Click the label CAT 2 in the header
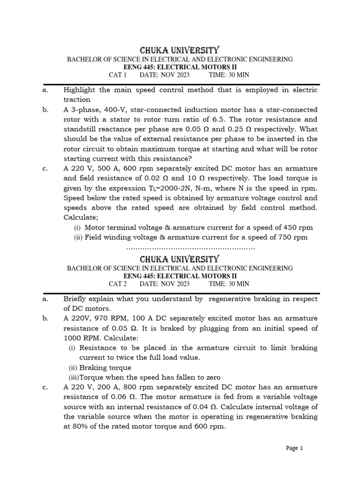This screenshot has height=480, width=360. point(118,284)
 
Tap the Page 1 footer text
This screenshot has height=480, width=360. point(295,448)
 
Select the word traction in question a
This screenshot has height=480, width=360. point(77,99)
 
